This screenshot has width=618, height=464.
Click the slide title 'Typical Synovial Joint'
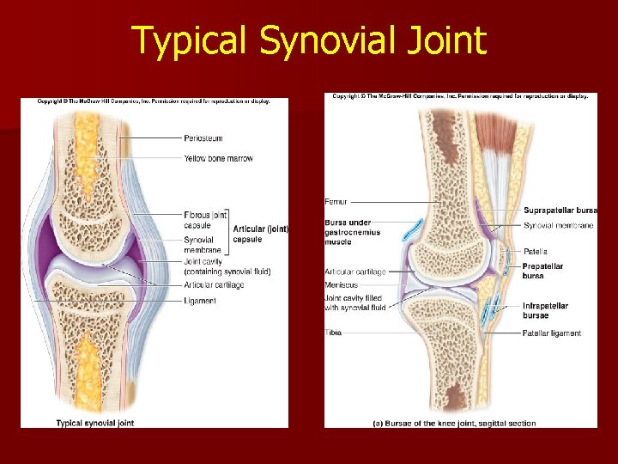coord(309,40)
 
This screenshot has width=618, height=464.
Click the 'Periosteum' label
coord(203,137)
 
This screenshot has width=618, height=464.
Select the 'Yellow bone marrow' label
coord(218,159)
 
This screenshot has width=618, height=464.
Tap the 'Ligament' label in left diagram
coord(200,301)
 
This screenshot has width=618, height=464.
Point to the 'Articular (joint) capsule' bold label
coord(261,234)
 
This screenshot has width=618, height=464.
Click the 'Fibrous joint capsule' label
coord(204,219)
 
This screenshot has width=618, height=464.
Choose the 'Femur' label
coord(336,202)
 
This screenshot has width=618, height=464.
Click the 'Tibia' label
coord(333,333)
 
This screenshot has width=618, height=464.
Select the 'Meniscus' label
coord(342,284)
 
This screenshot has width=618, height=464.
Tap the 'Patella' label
coord(535,252)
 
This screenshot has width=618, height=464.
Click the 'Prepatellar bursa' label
coord(543,271)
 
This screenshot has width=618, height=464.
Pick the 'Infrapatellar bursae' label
coord(545,310)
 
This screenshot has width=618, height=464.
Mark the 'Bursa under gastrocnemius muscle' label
coord(350,230)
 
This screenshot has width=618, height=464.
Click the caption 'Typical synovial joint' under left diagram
coord(95,423)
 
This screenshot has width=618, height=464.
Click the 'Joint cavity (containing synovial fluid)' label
coord(227,266)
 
